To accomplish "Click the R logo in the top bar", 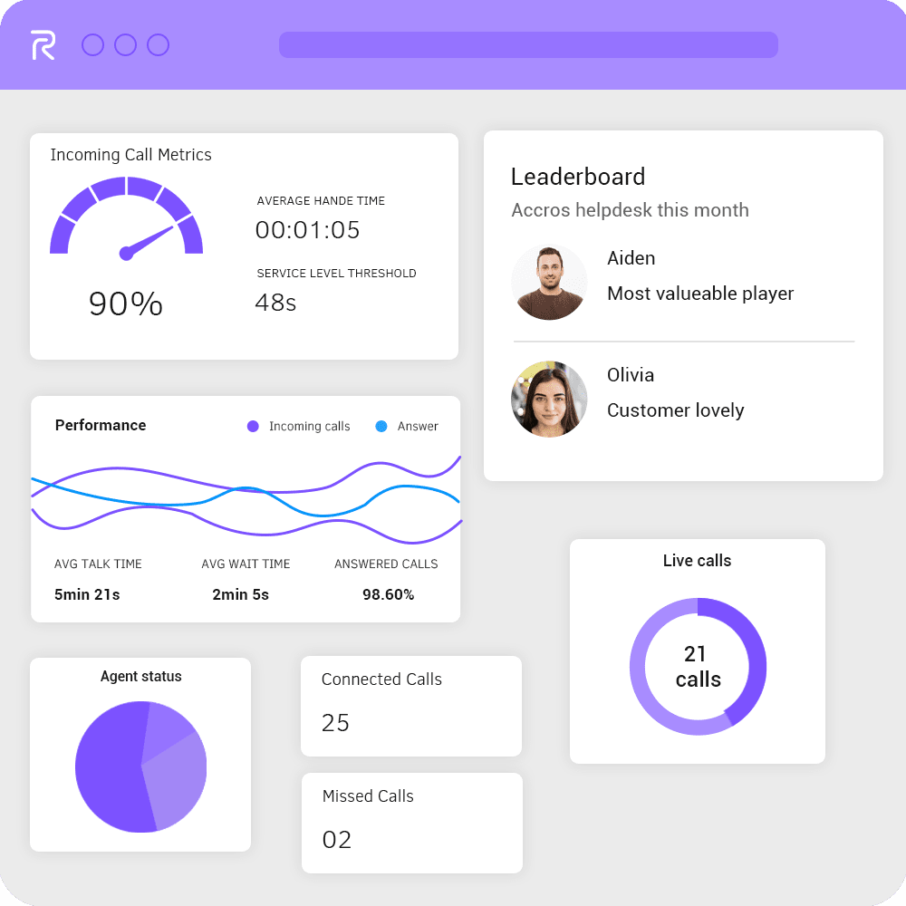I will (43, 45).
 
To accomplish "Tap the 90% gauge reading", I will (126, 304).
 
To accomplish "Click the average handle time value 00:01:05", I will (307, 230).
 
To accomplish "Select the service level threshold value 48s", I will (275, 302).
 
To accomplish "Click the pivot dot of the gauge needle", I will (126, 254).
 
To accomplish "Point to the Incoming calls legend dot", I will (253, 426).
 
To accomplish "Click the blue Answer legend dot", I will (381, 426).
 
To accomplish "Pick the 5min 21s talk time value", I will (87, 594).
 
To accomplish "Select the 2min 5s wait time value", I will (240, 594).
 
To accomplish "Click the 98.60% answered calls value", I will (388, 594).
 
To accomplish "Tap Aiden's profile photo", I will (549, 282).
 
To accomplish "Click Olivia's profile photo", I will (549, 400).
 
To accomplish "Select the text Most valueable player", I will (700, 294).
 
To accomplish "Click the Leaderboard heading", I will (578, 177).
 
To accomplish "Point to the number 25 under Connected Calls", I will (335, 723).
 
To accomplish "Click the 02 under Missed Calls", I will (336, 840).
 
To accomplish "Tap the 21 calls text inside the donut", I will (698, 666).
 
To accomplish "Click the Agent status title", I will (140, 677).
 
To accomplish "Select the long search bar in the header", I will (528, 45).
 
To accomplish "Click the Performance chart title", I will (101, 425).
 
